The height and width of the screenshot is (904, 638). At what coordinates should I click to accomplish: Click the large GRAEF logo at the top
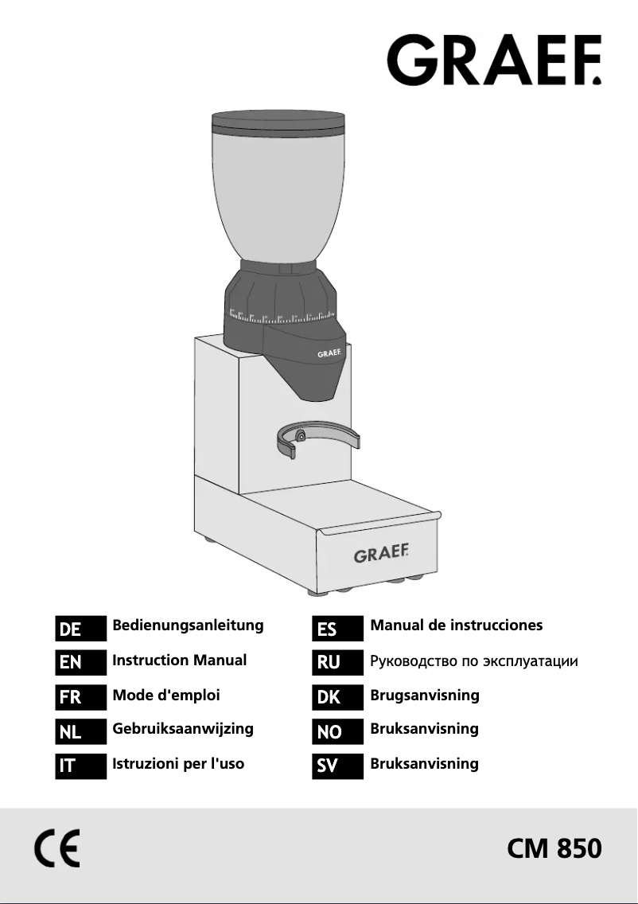[x=494, y=60]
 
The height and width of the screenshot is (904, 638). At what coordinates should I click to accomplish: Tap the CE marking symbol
[x=57, y=850]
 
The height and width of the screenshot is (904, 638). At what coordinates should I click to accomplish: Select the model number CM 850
[x=554, y=849]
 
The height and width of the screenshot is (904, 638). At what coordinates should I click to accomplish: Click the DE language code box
[x=80, y=629]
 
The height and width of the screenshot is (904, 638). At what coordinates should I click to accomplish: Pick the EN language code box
[x=80, y=663]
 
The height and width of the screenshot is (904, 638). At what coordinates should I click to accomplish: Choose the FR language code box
[x=80, y=698]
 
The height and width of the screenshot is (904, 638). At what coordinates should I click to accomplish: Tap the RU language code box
[x=338, y=663]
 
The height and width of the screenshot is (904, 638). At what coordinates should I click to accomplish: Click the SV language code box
[x=338, y=766]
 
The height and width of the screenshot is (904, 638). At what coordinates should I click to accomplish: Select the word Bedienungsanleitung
[x=188, y=625]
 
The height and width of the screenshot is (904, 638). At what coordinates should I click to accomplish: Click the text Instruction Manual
[x=180, y=660]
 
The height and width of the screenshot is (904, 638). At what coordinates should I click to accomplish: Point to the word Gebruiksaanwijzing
[x=183, y=728]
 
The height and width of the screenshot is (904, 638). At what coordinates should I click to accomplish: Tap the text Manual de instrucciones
[x=457, y=625]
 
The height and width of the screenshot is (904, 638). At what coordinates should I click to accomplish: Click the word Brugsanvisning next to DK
[x=425, y=695]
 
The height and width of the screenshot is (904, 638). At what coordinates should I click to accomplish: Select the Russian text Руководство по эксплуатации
[x=473, y=661]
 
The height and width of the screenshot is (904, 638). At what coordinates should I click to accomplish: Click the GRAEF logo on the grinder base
[x=381, y=554]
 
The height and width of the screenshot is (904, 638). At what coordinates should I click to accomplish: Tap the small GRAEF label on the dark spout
[x=330, y=352]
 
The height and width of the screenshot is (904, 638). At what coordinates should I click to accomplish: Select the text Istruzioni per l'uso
[x=178, y=763]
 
